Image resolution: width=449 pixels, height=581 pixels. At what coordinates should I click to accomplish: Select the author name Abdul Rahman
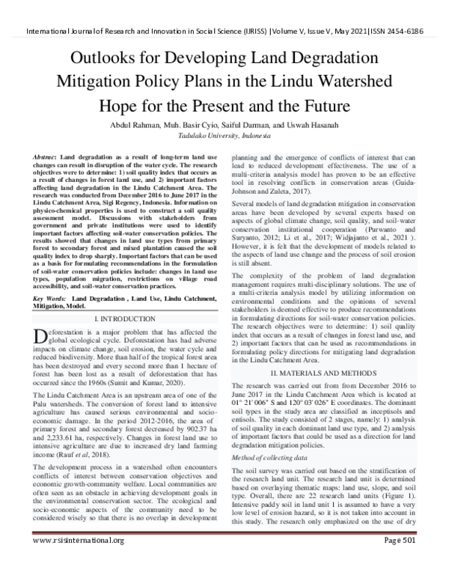coord(138,125)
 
